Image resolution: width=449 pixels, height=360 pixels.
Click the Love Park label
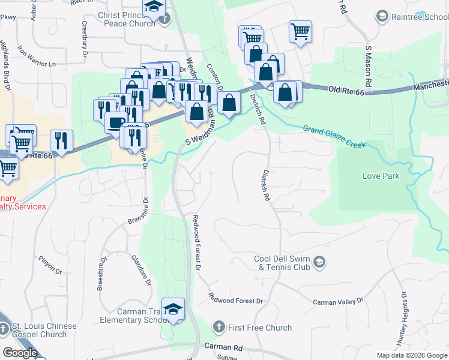tap(381, 176)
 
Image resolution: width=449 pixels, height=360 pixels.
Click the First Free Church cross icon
tap(219, 327)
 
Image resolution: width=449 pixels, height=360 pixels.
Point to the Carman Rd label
tap(223, 347)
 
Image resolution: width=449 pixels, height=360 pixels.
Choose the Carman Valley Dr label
tap(339, 301)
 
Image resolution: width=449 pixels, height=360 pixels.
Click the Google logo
tap(19, 353)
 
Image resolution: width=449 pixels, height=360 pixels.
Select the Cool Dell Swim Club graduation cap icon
tap(320, 261)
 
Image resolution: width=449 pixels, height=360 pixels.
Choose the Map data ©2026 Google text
tap(412, 355)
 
